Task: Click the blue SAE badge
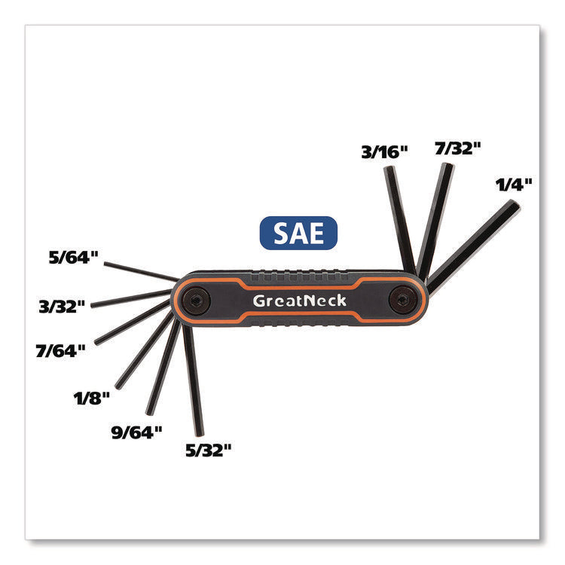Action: click(298, 233)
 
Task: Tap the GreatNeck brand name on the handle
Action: click(299, 301)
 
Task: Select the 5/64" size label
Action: click(74, 258)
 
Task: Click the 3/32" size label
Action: click(62, 307)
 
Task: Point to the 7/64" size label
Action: click(60, 350)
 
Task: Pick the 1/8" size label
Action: click(91, 399)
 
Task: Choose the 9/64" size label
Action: click(137, 432)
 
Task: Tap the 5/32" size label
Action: click(208, 450)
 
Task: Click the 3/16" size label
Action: click(384, 152)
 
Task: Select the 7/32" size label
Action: click(458, 148)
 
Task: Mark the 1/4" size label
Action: click(514, 185)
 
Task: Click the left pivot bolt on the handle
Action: click(196, 301)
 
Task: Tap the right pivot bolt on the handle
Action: click(403, 299)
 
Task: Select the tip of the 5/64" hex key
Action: click(105, 264)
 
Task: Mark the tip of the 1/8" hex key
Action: click(118, 386)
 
